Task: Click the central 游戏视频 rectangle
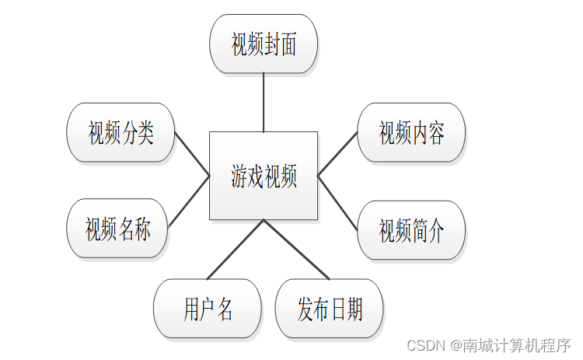pyautogui.click(x=264, y=176)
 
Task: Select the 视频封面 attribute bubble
pyautogui.click(x=264, y=44)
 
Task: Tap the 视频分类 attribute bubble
pyautogui.click(x=120, y=132)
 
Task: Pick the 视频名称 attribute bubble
pyautogui.click(x=117, y=229)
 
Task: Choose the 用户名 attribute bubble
pyautogui.click(x=208, y=309)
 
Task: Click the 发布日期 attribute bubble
pyautogui.click(x=329, y=309)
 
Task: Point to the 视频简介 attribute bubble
pyautogui.click(x=411, y=230)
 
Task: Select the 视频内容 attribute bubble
pyautogui.click(x=411, y=132)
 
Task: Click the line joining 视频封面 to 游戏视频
pyautogui.click(x=264, y=103)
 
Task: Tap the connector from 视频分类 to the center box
pyautogui.click(x=192, y=154)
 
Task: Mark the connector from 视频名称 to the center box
pyautogui.click(x=190, y=201)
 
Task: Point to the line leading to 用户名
pyautogui.click(x=236, y=249)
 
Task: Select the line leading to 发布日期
pyautogui.click(x=296, y=249)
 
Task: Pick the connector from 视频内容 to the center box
pyautogui.click(x=338, y=152)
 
